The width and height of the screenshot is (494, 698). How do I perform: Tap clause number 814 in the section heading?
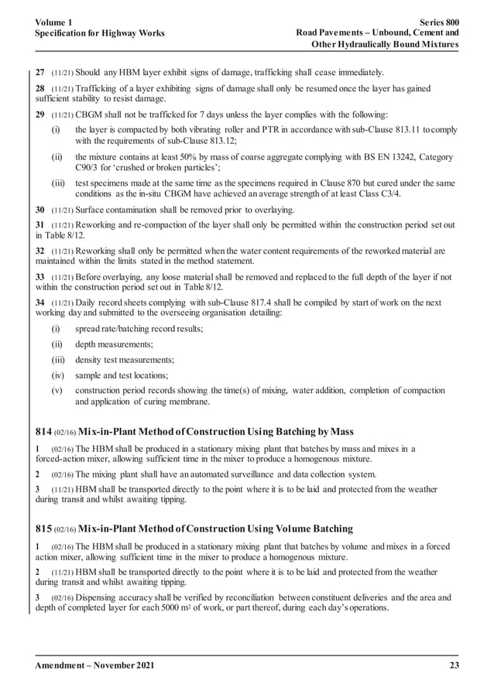(x=44, y=429)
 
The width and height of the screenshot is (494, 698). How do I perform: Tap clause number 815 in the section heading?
(x=44, y=529)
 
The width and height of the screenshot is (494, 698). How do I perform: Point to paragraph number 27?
(x=41, y=73)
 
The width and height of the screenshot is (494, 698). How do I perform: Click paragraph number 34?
(x=41, y=302)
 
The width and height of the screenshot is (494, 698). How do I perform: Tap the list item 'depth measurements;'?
(x=114, y=344)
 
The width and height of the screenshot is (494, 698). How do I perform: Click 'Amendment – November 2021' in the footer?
(x=95, y=667)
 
